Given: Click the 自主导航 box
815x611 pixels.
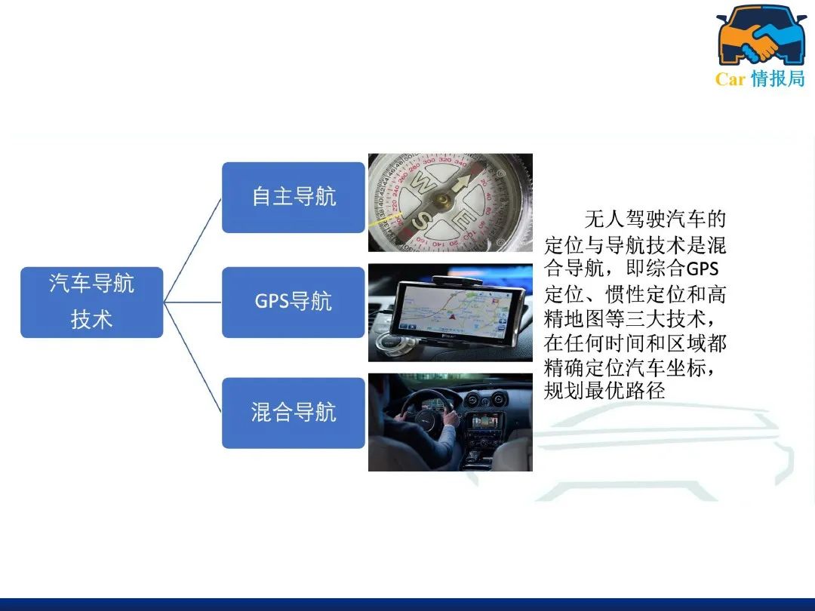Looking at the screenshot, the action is point(293,198).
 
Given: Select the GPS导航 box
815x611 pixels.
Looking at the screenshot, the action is point(293,302).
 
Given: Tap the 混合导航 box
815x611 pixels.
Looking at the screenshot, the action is point(293,413).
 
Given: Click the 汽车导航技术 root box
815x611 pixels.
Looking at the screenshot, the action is point(91,302).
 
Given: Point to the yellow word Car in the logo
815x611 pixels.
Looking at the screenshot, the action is point(730,79).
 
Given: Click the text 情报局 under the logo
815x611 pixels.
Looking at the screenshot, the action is point(778,78).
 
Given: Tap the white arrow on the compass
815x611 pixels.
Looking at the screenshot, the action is point(461,184).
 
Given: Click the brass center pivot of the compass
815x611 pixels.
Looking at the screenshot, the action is point(442,199).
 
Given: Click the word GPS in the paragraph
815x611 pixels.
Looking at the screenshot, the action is point(703,269).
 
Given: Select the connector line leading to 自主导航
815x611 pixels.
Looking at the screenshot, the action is point(192,250).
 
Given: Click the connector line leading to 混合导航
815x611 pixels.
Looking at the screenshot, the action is point(192,358).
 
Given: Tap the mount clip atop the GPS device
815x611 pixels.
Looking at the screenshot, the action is point(457,281).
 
